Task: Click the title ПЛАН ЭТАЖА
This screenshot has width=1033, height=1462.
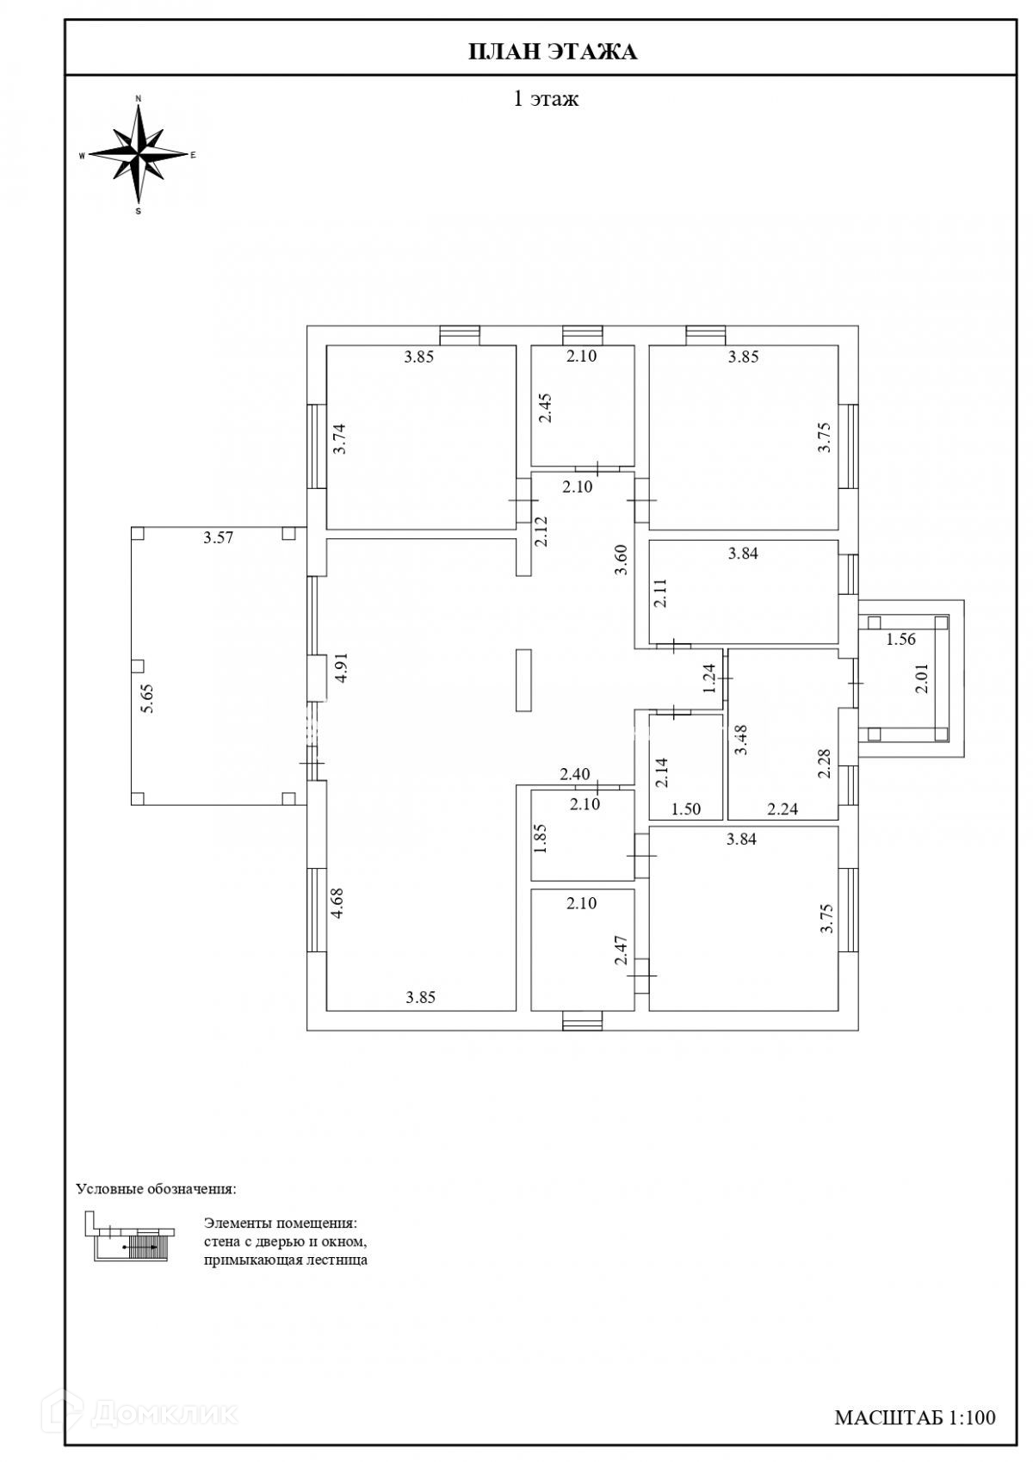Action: coord(552,53)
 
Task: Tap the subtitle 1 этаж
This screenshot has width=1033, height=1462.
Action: coord(546,99)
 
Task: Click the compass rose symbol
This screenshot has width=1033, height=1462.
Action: coord(139,155)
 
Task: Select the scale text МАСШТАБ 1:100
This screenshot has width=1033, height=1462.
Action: coord(914,1416)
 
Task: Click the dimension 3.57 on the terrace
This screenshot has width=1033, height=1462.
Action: coord(219,538)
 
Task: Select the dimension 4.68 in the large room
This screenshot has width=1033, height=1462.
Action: coord(338,903)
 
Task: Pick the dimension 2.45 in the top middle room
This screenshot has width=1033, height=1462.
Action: coord(545,408)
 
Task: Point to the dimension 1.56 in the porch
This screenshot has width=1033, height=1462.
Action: coord(900,639)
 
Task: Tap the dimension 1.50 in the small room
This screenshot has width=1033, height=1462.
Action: coord(685,808)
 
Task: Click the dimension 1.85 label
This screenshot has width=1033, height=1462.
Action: coord(540,838)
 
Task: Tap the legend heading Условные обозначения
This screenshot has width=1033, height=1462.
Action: coord(156,1189)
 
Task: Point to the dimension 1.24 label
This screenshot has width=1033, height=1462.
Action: coord(709,678)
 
